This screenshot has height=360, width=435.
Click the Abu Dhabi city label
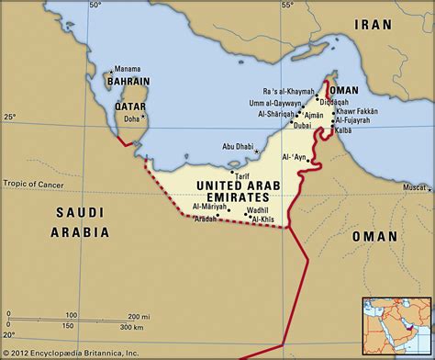(238, 146)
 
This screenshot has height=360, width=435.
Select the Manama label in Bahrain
(127, 69)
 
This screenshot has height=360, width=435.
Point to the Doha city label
(131, 118)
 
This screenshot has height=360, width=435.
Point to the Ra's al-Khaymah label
(287, 92)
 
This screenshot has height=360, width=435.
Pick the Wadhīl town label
(256, 210)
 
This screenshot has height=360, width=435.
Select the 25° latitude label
(10, 118)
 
